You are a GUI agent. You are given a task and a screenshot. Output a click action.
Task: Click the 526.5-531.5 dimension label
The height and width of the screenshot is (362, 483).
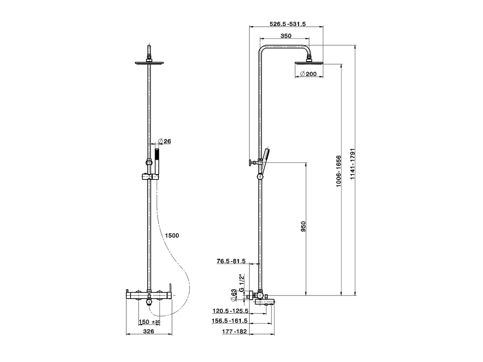288,24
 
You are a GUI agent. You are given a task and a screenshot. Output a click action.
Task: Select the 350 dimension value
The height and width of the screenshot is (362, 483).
286,36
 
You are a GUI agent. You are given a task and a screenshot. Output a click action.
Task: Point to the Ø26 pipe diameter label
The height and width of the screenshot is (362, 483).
165,141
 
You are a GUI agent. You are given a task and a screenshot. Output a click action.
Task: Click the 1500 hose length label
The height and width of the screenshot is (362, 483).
172,236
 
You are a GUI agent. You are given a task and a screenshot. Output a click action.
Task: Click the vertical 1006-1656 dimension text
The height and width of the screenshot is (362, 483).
338,171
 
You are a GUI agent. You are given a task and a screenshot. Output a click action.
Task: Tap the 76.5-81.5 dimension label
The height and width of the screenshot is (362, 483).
231,261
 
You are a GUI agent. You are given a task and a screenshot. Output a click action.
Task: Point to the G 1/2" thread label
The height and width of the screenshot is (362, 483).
242,281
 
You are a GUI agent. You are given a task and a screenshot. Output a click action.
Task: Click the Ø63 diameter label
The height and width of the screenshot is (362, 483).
234,295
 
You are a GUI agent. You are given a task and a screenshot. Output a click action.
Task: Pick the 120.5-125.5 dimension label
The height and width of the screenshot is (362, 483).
230,311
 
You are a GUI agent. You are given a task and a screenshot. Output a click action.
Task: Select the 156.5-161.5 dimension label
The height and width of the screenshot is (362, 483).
230,321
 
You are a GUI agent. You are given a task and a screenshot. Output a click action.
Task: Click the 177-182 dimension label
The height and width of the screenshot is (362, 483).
234,331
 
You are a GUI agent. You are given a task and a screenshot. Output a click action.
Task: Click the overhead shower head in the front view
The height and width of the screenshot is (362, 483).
150,63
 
